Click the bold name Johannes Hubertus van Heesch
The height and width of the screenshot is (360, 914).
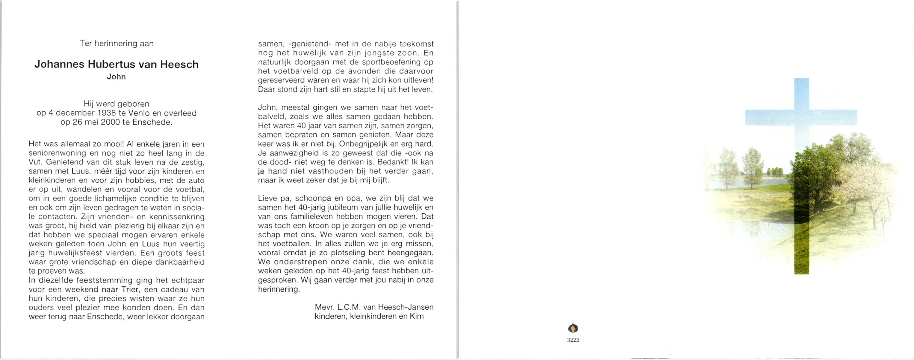116,64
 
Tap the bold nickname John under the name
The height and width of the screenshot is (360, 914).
116,76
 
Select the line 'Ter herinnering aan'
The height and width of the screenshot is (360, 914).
116,43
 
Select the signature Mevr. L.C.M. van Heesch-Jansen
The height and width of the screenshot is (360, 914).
374,307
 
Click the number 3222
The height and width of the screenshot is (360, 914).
573,340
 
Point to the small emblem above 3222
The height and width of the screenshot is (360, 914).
573,327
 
